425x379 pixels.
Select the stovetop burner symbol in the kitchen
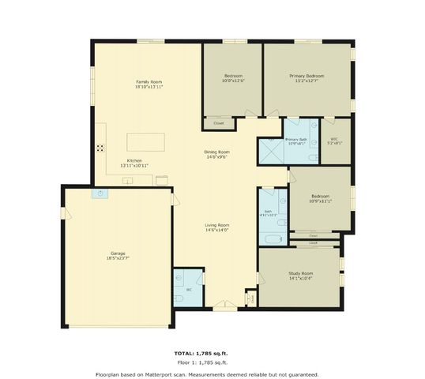tap(100, 148)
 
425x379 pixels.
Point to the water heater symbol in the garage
tap(100, 194)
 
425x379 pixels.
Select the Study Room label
tap(300, 273)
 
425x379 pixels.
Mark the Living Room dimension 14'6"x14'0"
tap(217, 230)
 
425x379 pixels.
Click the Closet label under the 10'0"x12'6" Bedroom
tap(219, 123)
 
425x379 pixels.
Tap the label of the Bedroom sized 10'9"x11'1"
tap(320, 200)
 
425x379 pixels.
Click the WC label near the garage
tap(188, 290)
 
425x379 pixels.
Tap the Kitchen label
tap(134, 160)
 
